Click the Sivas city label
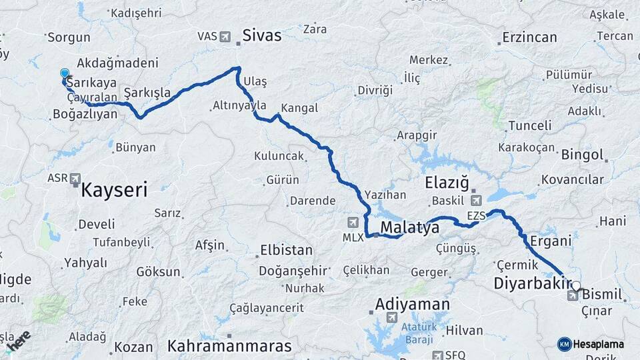[261, 35]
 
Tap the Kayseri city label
[113, 191]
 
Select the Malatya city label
[409, 229]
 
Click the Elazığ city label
[447, 183]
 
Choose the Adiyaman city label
[412, 305]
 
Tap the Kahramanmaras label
[229, 346]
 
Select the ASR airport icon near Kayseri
[75, 179]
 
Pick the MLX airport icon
[353, 222]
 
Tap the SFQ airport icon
[438, 355]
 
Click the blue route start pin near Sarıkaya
[65, 74]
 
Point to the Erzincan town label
[529, 37]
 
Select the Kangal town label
[299, 108]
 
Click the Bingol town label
[582, 155]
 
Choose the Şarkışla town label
[147, 92]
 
